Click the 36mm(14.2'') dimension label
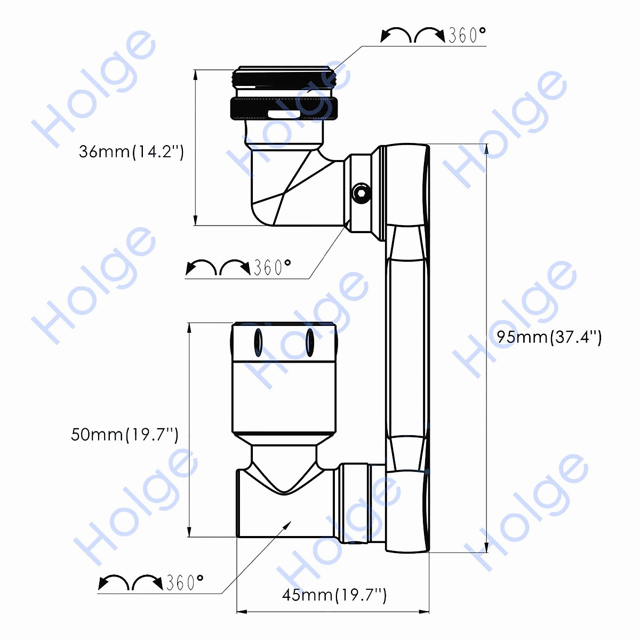(131, 151)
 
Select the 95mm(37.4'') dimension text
(549, 337)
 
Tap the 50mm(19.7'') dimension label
(124, 434)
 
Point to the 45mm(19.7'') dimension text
(334, 595)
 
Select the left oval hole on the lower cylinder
(258, 342)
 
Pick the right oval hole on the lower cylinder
(309, 342)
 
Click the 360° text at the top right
(467, 35)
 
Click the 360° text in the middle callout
(272, 267)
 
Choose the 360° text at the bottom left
(185, 582)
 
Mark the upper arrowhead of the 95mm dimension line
(486, 149)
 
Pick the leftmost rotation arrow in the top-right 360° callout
(395, 35)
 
